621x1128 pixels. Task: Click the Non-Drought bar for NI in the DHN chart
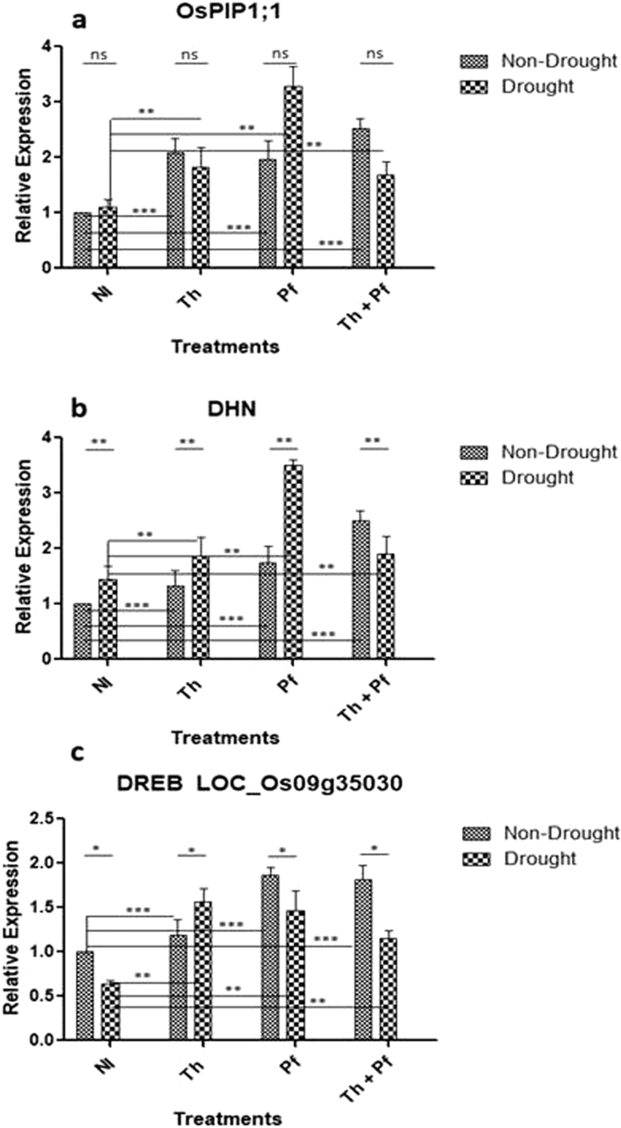82,631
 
